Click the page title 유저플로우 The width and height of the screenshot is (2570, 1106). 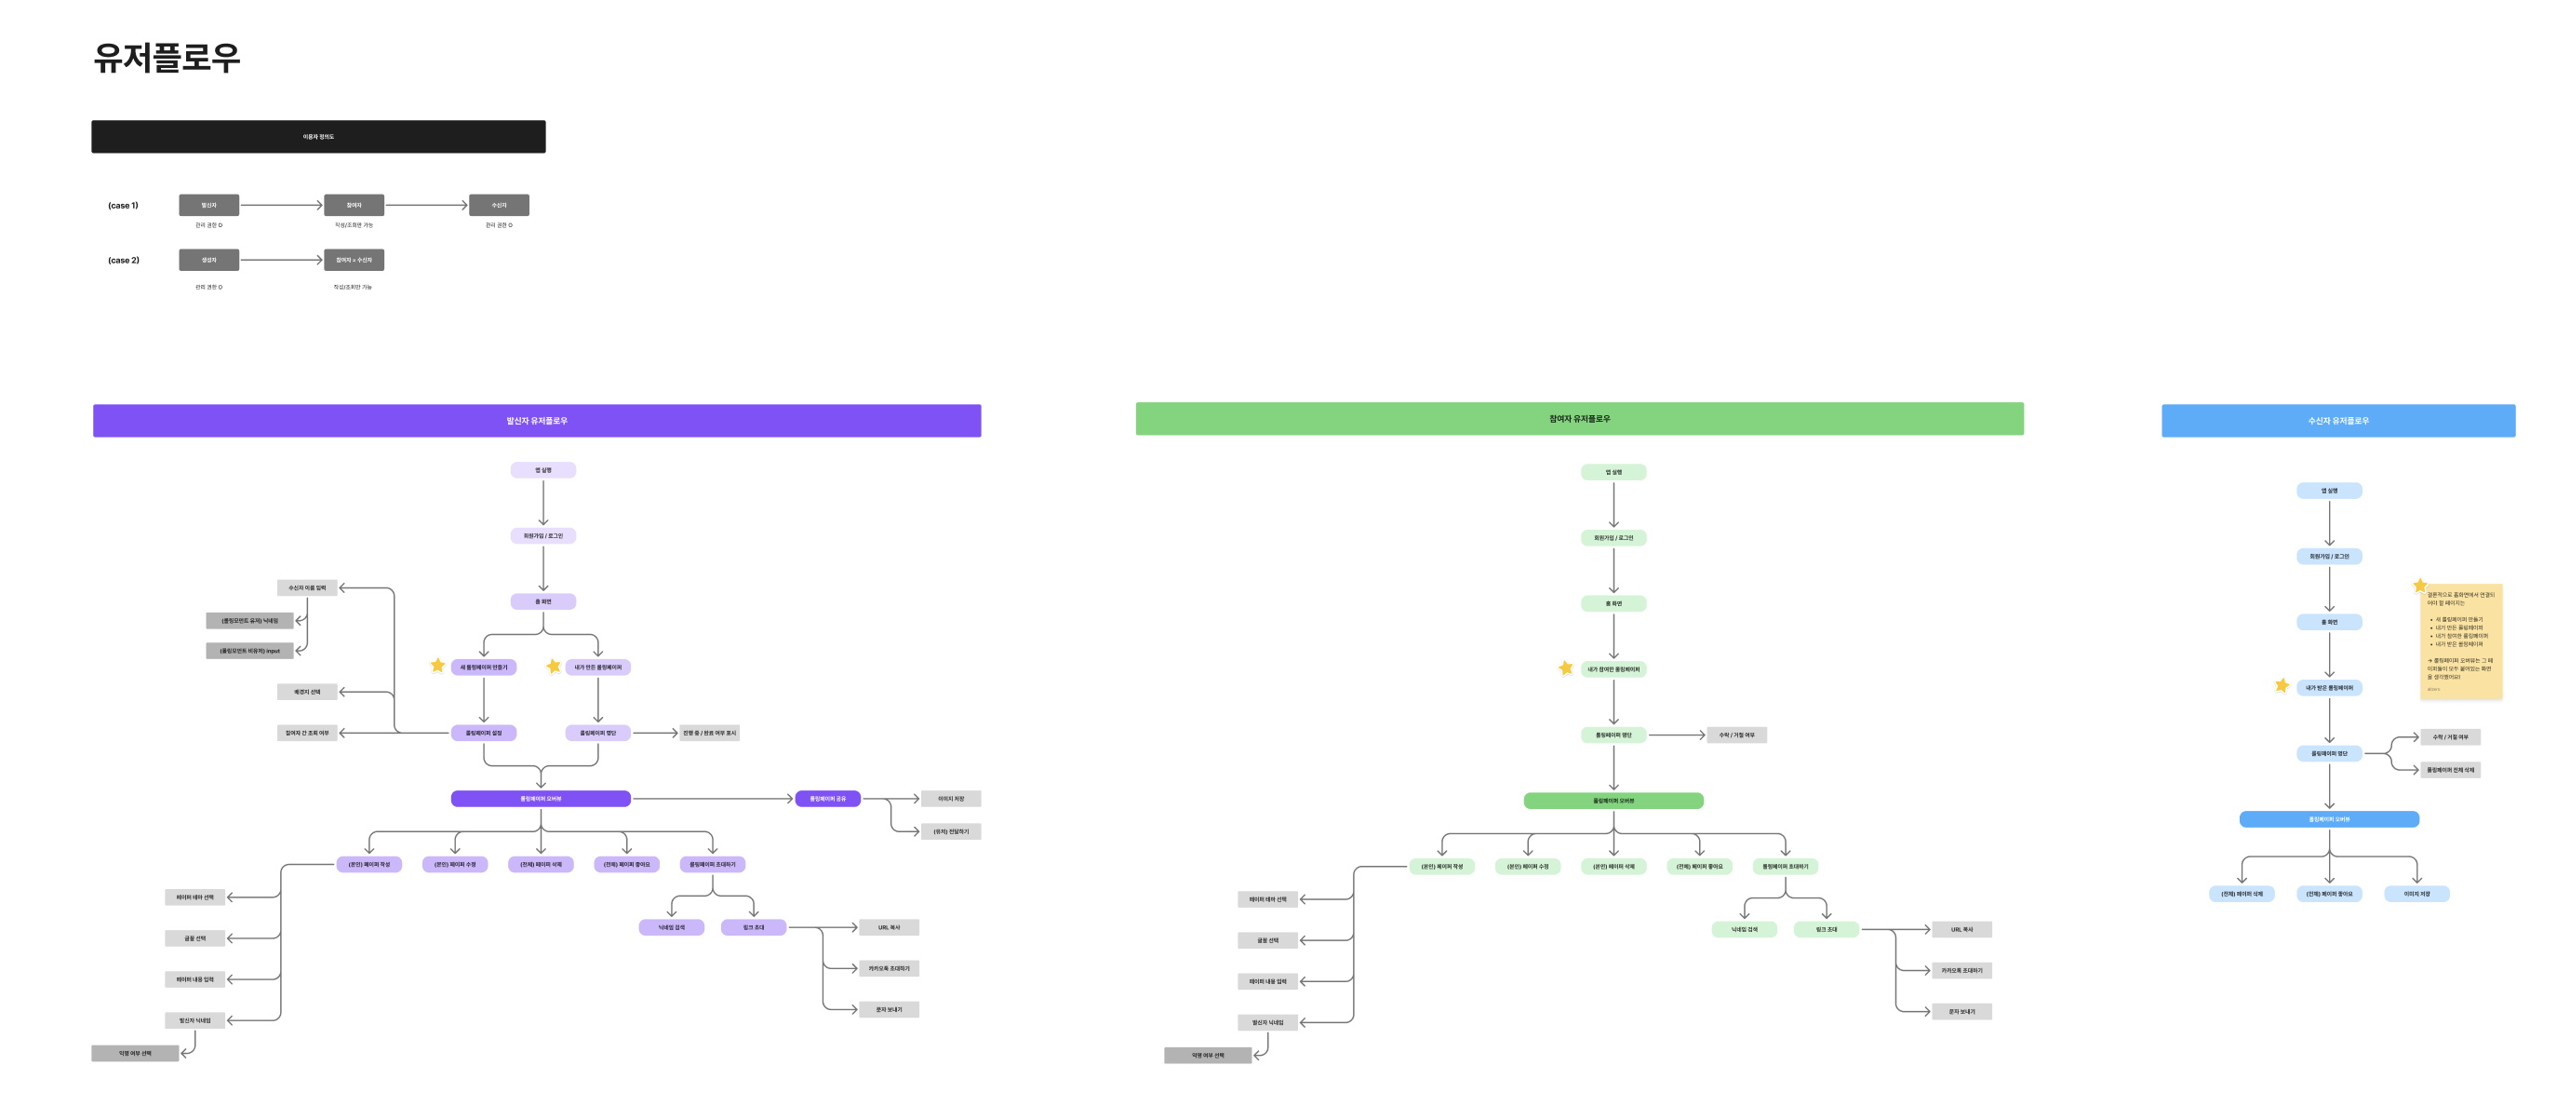pyautogui.click(x=167, y=57)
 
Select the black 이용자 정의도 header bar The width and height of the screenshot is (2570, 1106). pyautogui.click(x=318, y=137)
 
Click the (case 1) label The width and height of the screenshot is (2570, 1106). pyautogui.click(x=123, y=206)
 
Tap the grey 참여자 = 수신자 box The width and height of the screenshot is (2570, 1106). pyautogui.click(x=354, y=261)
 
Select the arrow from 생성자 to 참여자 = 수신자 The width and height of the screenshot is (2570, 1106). pyautogui.click(x=281, y=261)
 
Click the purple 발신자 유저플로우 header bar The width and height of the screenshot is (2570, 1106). pyautogui.click(x=537, y=420)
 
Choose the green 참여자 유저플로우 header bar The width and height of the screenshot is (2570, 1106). pyautogui.click(x=1579, y=419)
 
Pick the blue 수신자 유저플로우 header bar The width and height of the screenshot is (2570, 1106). pyautogui.click(x=2337, y=420)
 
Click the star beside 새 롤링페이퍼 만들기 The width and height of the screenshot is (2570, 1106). pyautogui.click(x=438, y=665)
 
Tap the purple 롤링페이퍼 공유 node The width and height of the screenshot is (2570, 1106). pyautogui.click(x=827, y=799)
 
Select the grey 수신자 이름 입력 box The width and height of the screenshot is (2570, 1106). pyautogui.click(x=307, y=588)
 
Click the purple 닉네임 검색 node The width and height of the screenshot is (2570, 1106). pyautogui.click(x=672, y=927)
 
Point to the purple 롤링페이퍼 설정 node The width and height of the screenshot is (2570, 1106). pyautogui.click(x=484, y=733)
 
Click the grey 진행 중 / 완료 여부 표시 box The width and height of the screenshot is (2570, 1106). pyautogui.click(x=709, y=733)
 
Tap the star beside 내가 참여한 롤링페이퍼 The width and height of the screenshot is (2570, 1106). pyautogui.click(x=1565, y=668)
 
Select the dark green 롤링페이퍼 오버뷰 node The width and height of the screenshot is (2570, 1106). pyautogui.click(x=1613, y=801)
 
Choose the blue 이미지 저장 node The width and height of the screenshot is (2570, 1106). pyautogui.click(x=2416, y=895)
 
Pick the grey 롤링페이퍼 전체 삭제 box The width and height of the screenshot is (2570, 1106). pyautogui.click(x=2450, y=770)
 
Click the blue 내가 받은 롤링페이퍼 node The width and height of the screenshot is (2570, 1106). pyautogui.click(x=2329, y=688)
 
